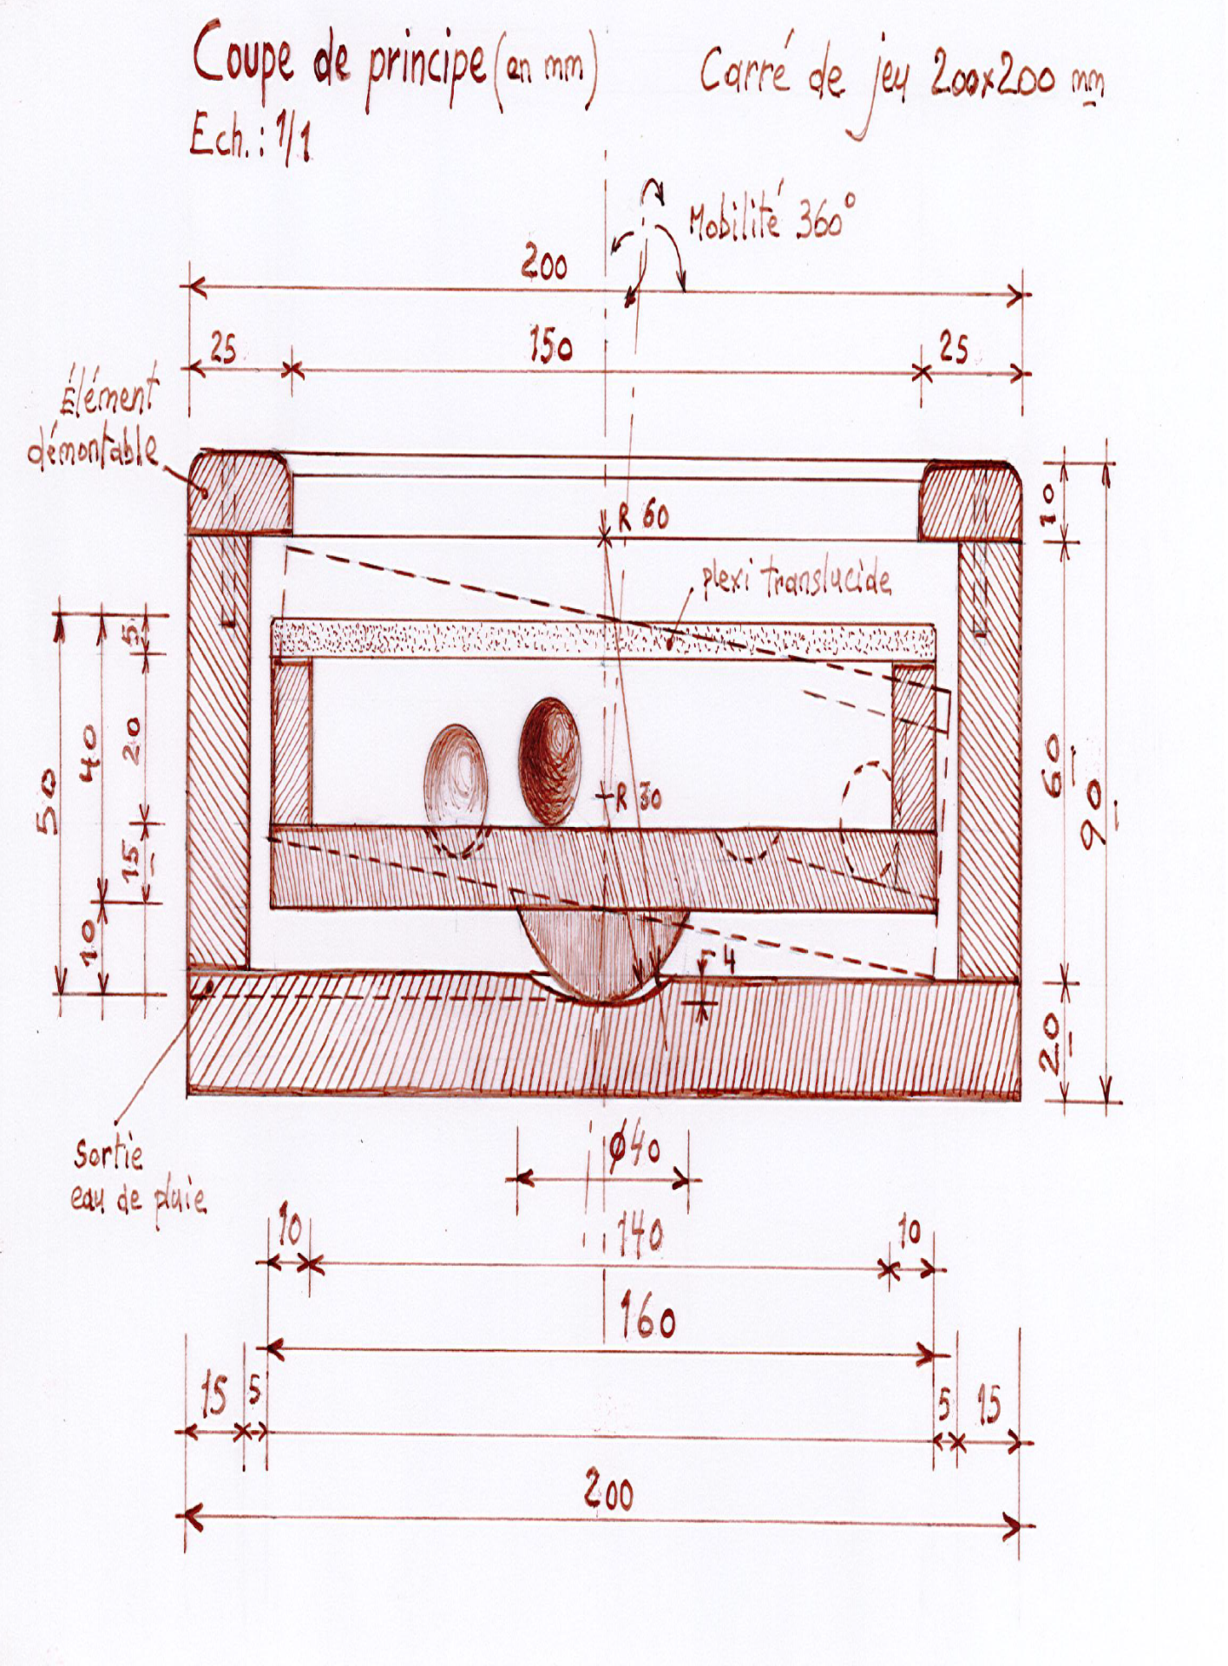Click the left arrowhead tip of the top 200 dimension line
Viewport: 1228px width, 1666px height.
pos(191,285)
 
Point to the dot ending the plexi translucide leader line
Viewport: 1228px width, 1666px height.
pos(669,645)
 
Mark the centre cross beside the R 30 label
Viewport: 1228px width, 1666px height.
pos(604,793)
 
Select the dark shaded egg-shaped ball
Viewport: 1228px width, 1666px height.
pos(549,761)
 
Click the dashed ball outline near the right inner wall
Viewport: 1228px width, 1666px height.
pos(868,820)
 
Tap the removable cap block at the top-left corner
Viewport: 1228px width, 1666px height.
pos(240,491)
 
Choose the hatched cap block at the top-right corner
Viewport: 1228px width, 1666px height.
pos(971,502)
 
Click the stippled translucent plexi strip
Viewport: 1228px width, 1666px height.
pos(604,640)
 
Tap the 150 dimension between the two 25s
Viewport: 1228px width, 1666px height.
pos(551,346)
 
